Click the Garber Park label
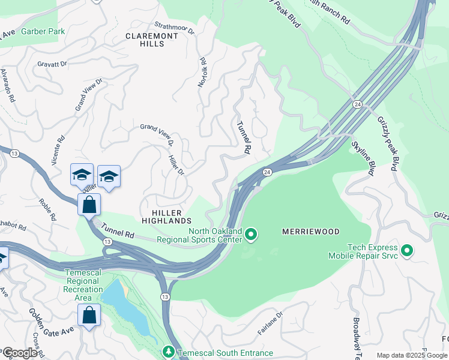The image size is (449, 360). [44, 31]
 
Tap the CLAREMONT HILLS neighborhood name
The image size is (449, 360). [152, 40]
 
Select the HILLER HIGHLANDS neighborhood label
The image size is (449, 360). [167, 217]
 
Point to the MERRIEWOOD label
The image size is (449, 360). [311, 232]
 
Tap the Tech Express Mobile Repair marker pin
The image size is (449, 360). [407, 250]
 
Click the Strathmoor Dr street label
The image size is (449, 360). [175, 28]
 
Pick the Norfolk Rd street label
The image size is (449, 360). [203, 73]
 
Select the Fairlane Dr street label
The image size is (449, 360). [270, 322]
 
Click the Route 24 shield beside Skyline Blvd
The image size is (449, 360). [357, 104]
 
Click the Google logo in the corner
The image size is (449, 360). [20, 353]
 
